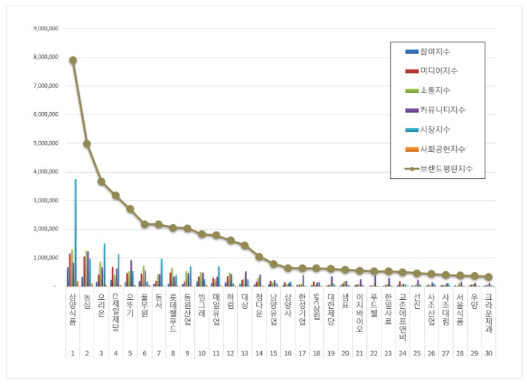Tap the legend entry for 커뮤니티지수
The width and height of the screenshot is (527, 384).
[444, 110]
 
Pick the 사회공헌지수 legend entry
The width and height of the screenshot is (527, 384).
[444, 150]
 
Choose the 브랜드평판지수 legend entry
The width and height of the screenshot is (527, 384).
[446, 169]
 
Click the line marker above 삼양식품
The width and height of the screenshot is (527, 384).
[73, 60]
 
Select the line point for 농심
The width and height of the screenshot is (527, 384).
[87, 144]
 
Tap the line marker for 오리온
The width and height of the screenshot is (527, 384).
[101, 182]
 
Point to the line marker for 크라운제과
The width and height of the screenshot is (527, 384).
[489, 277]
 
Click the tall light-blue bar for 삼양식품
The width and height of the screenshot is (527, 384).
[76, 232]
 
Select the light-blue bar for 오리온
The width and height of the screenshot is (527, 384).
[105, 265]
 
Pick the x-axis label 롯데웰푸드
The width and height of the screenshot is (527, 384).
[172, 310]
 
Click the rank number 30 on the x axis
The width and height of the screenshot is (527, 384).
[489, 353]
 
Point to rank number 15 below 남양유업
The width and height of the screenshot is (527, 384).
[273, 353]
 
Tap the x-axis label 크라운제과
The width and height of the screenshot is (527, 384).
[489, 310]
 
